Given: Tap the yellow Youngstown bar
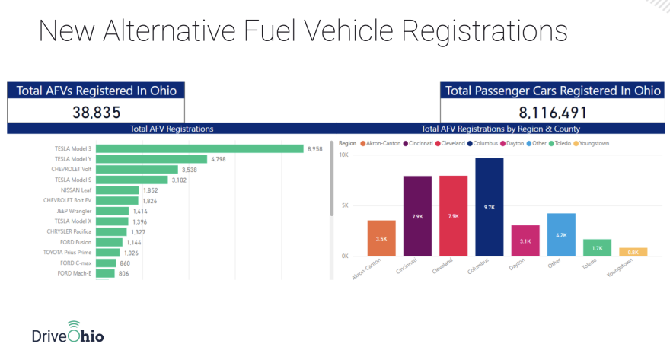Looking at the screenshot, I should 633,252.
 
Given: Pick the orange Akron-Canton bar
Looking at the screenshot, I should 381,238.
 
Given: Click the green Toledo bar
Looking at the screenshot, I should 597,247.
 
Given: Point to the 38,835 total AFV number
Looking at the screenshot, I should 96,113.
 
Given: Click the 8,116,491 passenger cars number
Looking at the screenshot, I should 553,113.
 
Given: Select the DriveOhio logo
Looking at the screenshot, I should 68,335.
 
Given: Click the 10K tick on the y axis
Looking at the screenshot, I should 343,155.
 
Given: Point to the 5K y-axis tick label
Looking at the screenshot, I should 345,205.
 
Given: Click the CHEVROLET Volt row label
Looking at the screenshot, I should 72,169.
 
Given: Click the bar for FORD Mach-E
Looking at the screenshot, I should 106,273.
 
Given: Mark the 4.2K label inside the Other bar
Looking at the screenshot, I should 561,236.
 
